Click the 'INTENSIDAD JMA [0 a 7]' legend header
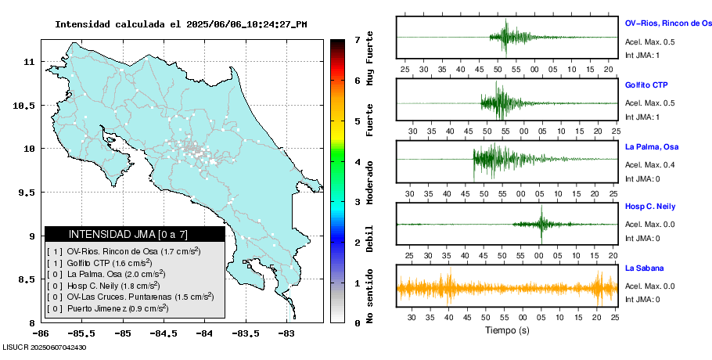134,234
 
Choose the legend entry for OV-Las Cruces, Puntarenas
129,297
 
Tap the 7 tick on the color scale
357,39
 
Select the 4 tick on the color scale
357,161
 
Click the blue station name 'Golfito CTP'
646,85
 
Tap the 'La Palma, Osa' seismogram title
652,147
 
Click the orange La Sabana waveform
506,288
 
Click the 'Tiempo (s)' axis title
507,330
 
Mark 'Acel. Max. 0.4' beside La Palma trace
649,164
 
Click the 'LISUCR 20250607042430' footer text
44,347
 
